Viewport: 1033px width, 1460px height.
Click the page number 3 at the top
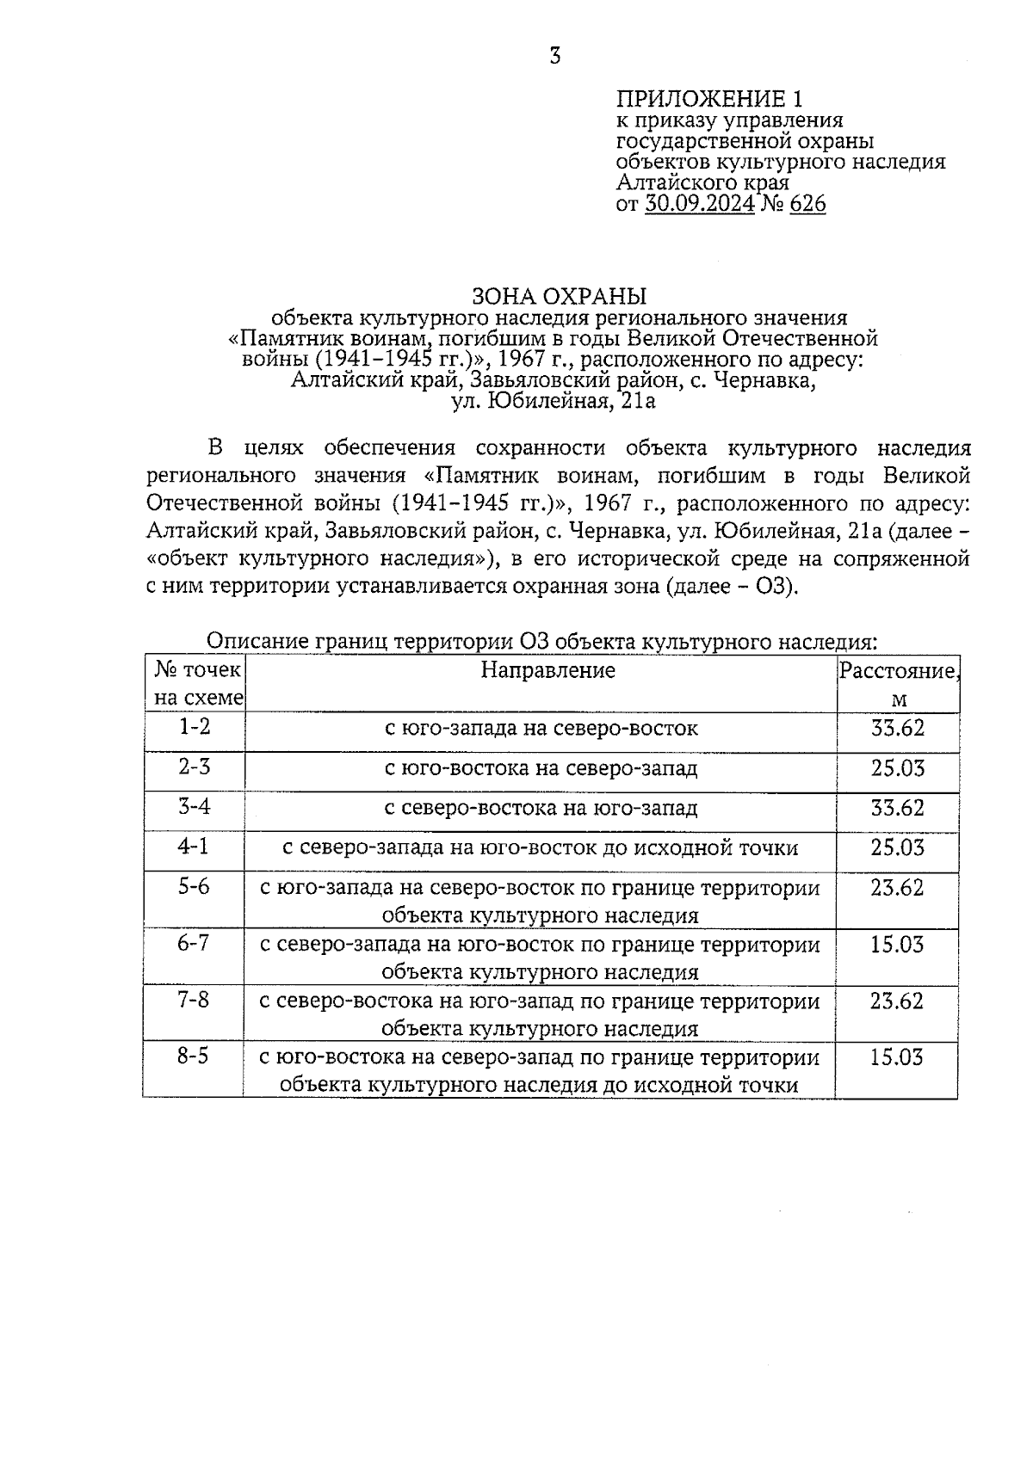[x=554, y=58]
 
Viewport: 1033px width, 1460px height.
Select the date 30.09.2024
[x=699, y=204]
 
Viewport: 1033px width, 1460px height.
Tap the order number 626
[x=806, y=204]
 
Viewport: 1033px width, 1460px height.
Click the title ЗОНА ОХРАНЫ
[x=559, y=297]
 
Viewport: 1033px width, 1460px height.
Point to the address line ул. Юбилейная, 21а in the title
[x=554, y=400]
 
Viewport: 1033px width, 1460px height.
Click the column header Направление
[x=547, y=670]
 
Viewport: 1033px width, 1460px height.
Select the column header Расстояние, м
[x=898, y=684]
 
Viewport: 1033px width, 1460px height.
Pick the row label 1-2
[x=195, y=727]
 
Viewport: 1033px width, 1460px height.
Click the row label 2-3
[x=195, y=767]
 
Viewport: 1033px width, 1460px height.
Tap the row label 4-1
[x=194, y=847]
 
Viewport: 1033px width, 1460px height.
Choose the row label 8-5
[x=194, y=1056]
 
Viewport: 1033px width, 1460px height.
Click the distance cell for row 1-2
[x=897, y=729]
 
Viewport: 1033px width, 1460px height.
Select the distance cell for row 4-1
[x=897, y=848]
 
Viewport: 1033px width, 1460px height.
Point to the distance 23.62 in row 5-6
[x=897, y=887]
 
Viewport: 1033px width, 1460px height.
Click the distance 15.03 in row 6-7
[x=897, y=945]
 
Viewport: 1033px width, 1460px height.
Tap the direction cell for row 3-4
[x=541, y=808]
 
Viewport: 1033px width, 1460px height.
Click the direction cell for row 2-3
[x=541, y=768]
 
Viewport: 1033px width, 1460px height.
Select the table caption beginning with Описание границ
[x=541, y=642]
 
